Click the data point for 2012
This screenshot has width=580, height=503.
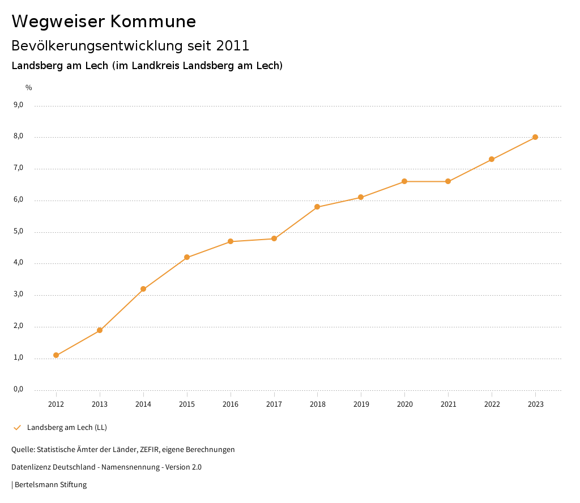(56, 355)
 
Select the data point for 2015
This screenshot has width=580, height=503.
(187, 257)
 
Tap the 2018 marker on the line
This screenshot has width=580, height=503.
(317, 207)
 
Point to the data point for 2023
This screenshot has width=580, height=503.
(535, 137)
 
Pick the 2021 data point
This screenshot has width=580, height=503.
(448, 181)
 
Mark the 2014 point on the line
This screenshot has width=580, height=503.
(143, 289)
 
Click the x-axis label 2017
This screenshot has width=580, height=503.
(274, 404)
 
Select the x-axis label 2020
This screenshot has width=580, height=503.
(404, 404)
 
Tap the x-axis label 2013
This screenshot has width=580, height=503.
(100, 404)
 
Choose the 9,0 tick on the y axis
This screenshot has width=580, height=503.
(18, 105)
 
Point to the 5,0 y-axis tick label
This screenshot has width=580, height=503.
(18, 231)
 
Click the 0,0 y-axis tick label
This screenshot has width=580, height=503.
(18, 389)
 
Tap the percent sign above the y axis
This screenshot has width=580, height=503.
(29, 88)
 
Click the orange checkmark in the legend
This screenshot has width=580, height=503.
(17, 427)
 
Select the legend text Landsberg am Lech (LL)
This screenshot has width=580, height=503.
(67, 427)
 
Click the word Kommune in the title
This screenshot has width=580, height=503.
(153, 22)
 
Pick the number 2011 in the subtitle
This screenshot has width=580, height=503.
(233, 45)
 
